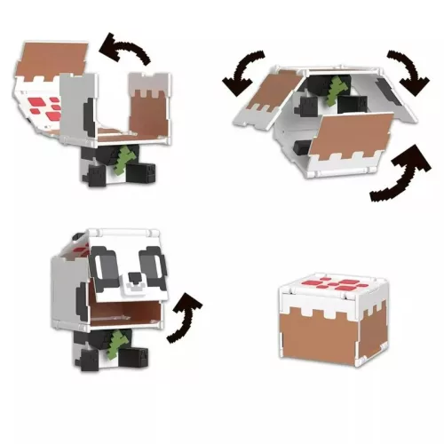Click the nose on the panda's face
click(132, 282)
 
